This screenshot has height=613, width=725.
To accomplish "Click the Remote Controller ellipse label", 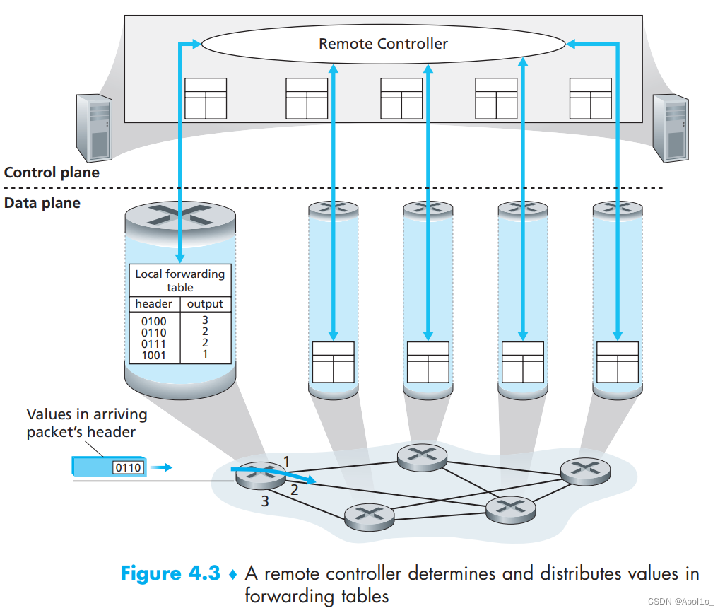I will click(x=383, y=44).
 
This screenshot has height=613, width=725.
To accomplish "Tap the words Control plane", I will click(x=52, y=173).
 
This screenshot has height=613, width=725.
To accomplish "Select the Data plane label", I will click(x=42, y=204).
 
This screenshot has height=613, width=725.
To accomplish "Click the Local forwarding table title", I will click(x=179, y=281).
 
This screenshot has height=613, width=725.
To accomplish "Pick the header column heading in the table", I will click(x=153, y=304).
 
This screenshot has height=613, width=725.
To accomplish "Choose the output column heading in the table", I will click(x=205, y=304).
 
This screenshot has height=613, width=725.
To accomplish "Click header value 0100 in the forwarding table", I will click(x=153, y=322).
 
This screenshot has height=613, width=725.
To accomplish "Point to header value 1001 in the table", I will click(x=153, y=355).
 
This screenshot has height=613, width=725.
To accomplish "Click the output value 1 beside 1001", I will click(x=205, y=354).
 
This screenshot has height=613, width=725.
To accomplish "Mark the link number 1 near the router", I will click(x=286, y=462).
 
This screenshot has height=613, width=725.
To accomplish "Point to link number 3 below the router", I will click(x=265, y=502).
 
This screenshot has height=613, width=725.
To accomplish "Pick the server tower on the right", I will click(x=670, y=129).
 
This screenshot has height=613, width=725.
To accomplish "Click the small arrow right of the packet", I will click(x=163, y=467).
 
